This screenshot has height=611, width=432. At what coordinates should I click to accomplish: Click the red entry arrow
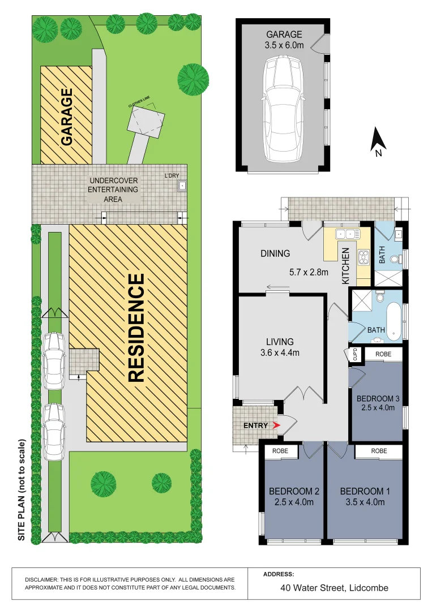click(276, 425)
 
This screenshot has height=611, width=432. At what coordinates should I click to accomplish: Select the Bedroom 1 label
click(365, 492)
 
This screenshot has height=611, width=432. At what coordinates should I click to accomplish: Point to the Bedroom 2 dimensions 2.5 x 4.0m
click(294, 502)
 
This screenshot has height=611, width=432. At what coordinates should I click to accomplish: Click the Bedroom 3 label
click(378, 399)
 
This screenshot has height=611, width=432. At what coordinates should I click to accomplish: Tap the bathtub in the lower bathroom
click(394, 321)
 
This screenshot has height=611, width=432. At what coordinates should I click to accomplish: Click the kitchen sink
click(348, 234)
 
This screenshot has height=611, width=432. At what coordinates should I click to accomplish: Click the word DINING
click(275, 253)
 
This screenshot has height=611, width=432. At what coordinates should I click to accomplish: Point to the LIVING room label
click(280, 342)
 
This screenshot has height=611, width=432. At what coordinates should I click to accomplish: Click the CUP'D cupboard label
click(355, 354)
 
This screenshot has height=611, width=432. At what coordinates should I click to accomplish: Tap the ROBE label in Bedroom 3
click(383, 354)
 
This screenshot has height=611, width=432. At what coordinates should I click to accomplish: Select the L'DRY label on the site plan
click(172, 176)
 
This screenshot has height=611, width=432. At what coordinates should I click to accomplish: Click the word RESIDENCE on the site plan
click(136, 328)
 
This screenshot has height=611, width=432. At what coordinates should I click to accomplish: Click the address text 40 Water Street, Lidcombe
click(334, 588)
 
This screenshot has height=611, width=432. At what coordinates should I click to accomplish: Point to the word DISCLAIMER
click(41, 580)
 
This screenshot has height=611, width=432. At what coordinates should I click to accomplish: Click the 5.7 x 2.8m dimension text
click(309, 272)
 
